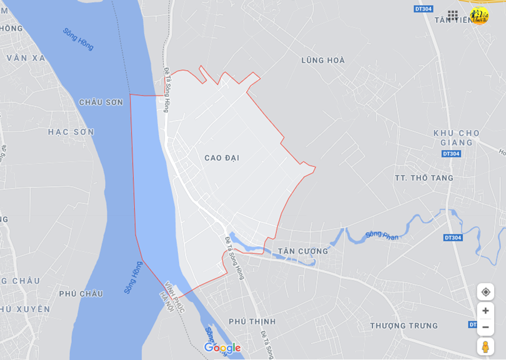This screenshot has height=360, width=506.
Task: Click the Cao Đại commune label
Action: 222,158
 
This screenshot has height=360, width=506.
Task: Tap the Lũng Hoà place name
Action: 322,61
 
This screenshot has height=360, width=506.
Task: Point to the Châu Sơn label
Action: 101,102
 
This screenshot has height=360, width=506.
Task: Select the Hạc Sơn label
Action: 71,132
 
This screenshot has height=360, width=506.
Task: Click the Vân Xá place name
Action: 26,58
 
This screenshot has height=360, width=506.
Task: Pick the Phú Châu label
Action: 81,293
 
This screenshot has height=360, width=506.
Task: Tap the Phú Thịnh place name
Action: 252,321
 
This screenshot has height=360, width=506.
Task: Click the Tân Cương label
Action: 303,251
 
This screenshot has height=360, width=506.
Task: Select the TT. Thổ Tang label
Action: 424,178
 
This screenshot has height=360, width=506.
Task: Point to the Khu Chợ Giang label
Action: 456,137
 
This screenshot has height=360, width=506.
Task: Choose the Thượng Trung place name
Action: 404,326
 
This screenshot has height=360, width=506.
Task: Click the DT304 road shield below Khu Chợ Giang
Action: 450,154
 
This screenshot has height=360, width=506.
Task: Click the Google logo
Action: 222,348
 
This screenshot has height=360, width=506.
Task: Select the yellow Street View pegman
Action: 485,346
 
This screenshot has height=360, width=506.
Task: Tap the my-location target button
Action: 485,292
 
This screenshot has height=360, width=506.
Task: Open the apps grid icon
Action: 453,15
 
